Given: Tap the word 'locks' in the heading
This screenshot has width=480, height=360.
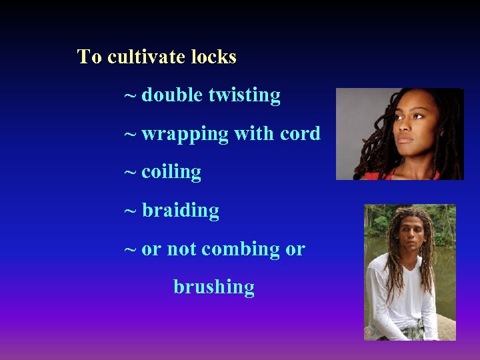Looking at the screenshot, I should [x=213, y=57].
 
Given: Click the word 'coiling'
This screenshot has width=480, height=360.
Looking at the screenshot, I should [x=171, y=173].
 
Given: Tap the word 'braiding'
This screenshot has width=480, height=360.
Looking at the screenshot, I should [x=180, y=211].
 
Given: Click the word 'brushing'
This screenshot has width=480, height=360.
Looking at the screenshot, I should [x=214, y=288].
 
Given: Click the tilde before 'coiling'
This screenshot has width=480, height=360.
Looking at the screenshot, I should [x=131, y=173].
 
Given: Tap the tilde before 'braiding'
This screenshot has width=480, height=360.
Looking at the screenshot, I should [x=131, y=211].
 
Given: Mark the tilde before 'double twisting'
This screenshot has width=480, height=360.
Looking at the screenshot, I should [x=131, y=96].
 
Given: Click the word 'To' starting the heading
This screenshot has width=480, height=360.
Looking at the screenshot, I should [x=89, y=57].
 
